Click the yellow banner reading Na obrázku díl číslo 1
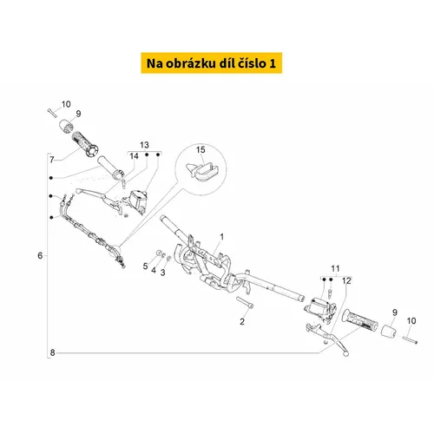tap(212, 63)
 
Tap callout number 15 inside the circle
tap(201, 150)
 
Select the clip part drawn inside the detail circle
tap(202, 171)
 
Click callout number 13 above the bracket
tap(144, 145)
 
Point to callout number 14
tap(134, 156)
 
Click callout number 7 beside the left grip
tap(52, 160)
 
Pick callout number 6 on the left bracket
tap(40, 255)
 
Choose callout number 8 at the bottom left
tap(52, 352)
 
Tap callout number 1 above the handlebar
tap(222, 237)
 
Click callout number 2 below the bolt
tap(242, 321)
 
